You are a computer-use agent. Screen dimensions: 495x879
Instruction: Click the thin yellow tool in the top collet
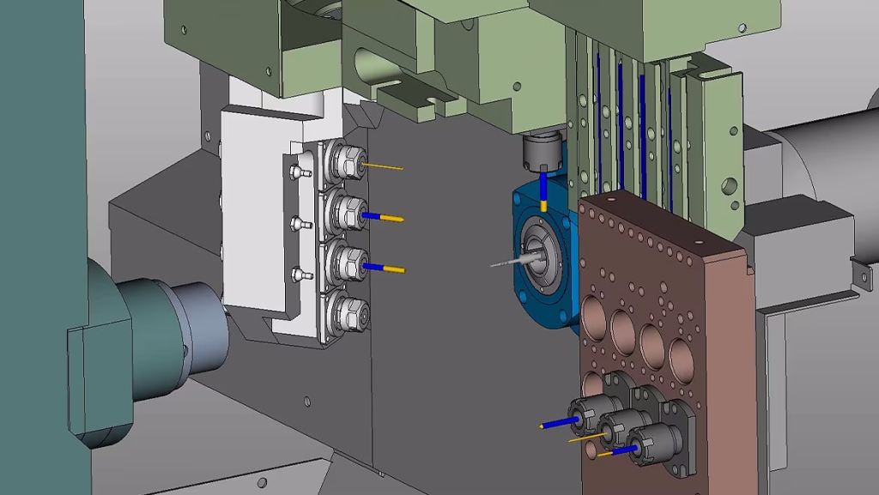(x=384, y=166)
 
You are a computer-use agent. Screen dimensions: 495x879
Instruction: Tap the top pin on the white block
(x=297, y=172)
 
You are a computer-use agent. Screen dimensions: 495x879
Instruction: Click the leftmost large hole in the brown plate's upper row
(x=595, y=313)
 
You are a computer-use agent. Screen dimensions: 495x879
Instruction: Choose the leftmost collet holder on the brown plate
(x=588, y=414)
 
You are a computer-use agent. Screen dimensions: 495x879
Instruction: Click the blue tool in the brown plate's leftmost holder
(x=558, y=423)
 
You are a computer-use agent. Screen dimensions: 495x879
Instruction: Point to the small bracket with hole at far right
(x=860, y=275)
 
